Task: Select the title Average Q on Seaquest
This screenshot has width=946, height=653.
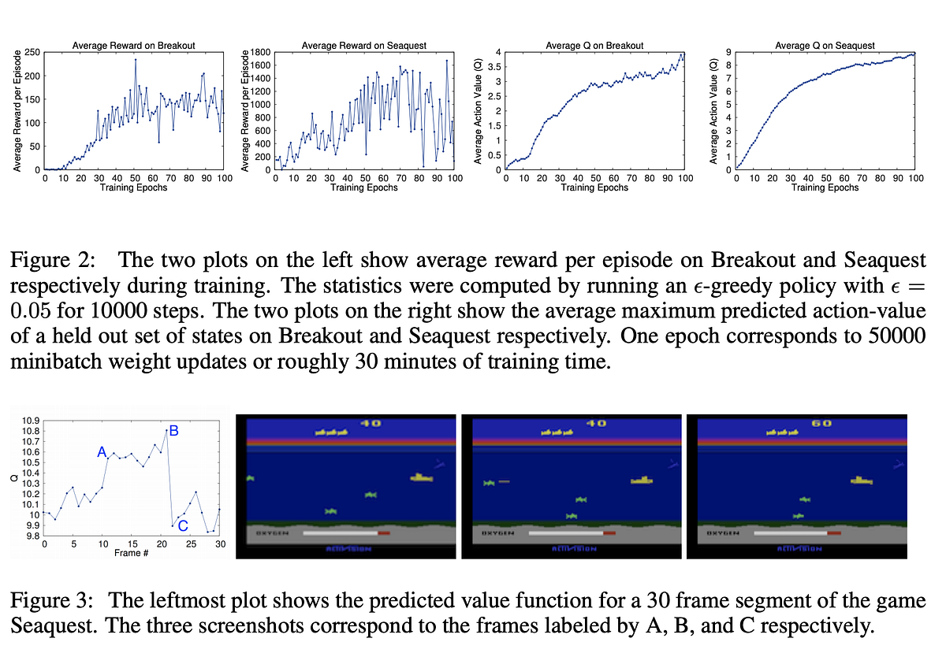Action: [826, 46]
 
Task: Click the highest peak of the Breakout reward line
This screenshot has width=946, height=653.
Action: [136, 60]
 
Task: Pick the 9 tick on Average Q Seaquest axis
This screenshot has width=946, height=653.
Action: [728, 53]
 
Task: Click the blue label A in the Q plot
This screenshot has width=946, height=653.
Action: [101, 452]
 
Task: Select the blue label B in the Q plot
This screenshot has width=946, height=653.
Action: [174, 430]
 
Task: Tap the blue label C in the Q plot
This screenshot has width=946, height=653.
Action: [183, 526]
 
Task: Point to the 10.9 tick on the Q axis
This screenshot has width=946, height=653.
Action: [32, 421]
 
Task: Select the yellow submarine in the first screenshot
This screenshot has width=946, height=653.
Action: [421, 477]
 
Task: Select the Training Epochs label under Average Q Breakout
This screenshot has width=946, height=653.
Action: [595, 187]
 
